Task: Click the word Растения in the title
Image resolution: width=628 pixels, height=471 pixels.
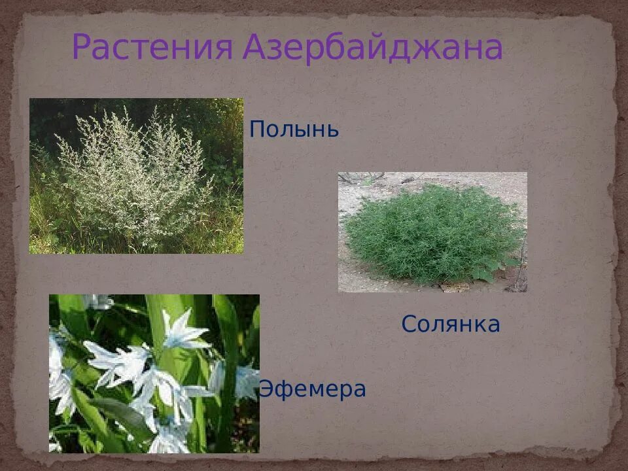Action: (152, 48)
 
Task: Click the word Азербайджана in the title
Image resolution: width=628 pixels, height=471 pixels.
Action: (372, 48)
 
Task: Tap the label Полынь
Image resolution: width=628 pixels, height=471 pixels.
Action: (294, 130)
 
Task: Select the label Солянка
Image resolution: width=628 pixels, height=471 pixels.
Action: (451, 324)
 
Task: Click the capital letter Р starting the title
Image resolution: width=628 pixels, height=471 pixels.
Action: (82, 48)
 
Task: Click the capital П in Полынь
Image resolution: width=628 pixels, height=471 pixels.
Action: (257, 129)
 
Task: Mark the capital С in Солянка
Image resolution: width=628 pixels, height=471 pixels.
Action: (410, 324)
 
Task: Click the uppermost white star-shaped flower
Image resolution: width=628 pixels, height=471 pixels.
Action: (185, 330)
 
